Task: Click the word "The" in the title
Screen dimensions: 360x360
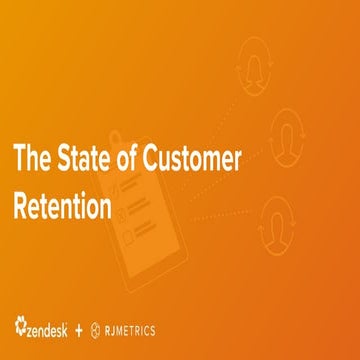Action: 32,157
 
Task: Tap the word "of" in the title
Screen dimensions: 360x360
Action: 124,157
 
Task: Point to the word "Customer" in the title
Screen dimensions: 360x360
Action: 184,157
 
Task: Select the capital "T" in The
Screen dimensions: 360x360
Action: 18,157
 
